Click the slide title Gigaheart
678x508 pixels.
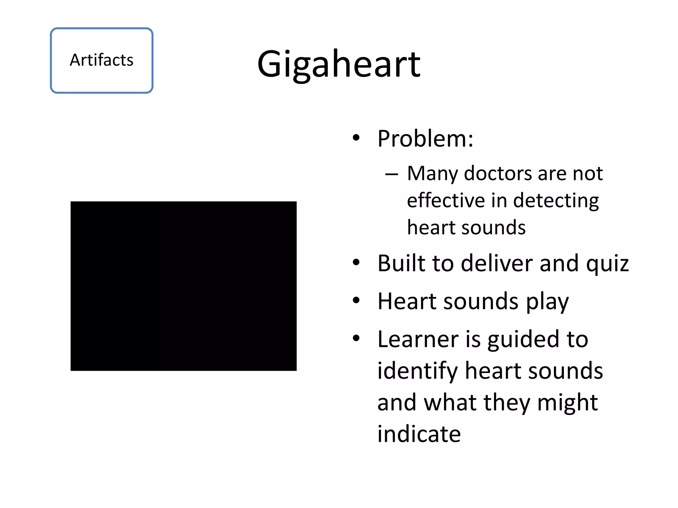tap(339, 64)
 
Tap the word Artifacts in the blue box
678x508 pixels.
tap(101, 60)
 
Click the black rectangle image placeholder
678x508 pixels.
tap(183, 286)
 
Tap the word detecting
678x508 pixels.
tap(556, 200)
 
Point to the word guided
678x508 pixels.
tap(523, 339)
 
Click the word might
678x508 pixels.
tap(567, 402)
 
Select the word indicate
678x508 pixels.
tap(419, 434)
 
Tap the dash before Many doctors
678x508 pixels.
tap(391, 174)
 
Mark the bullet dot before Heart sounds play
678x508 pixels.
tap(356, 301)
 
